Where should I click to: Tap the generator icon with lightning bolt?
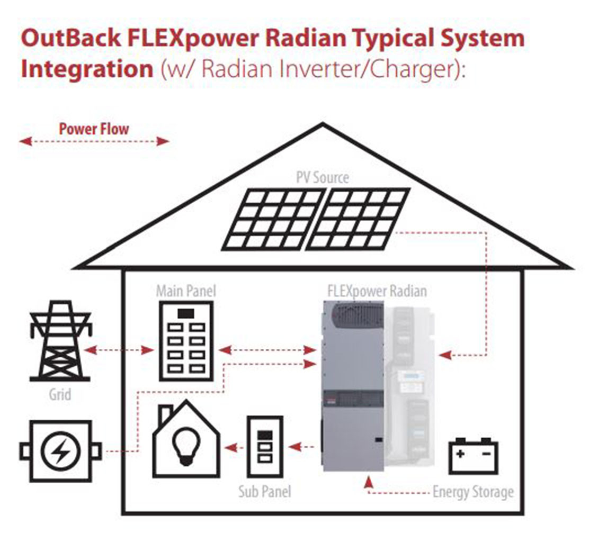point(61,451)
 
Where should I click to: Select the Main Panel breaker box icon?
point(186,341)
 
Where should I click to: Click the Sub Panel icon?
point(264,448)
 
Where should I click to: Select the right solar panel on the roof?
point(359,219)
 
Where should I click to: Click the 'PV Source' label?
point(322,177)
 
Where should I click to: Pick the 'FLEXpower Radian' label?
point(377,291)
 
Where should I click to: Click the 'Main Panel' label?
point(186,291)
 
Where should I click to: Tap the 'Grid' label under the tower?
point(60,394)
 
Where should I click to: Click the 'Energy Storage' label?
point(473,492)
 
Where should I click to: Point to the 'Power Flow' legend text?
point(94,129)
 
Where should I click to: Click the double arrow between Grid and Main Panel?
point(119,350)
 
